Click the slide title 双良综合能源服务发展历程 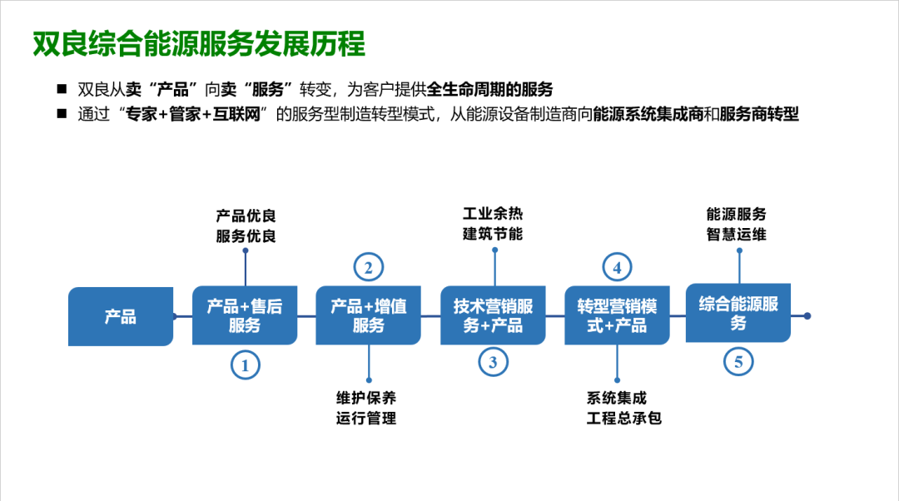click(199, 44)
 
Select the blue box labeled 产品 click(121, 316)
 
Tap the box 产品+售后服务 click(245, 316)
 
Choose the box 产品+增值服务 click(369, 316)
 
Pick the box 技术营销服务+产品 click(493, 316)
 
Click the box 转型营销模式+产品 click(617, 316)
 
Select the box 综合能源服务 click(738, 313)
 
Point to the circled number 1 click(245, 365)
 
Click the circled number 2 click(369, 268)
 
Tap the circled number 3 click(493, 362)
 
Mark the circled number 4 click(617, 268)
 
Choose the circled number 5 click(738, 362)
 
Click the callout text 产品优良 click(246, 217)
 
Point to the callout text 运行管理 click(366, 418)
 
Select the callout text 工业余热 click(493, 215)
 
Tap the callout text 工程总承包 click(623, 418)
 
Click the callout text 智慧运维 click(736, 235)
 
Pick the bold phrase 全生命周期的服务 click(490, 90)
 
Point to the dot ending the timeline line click(807, 316)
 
